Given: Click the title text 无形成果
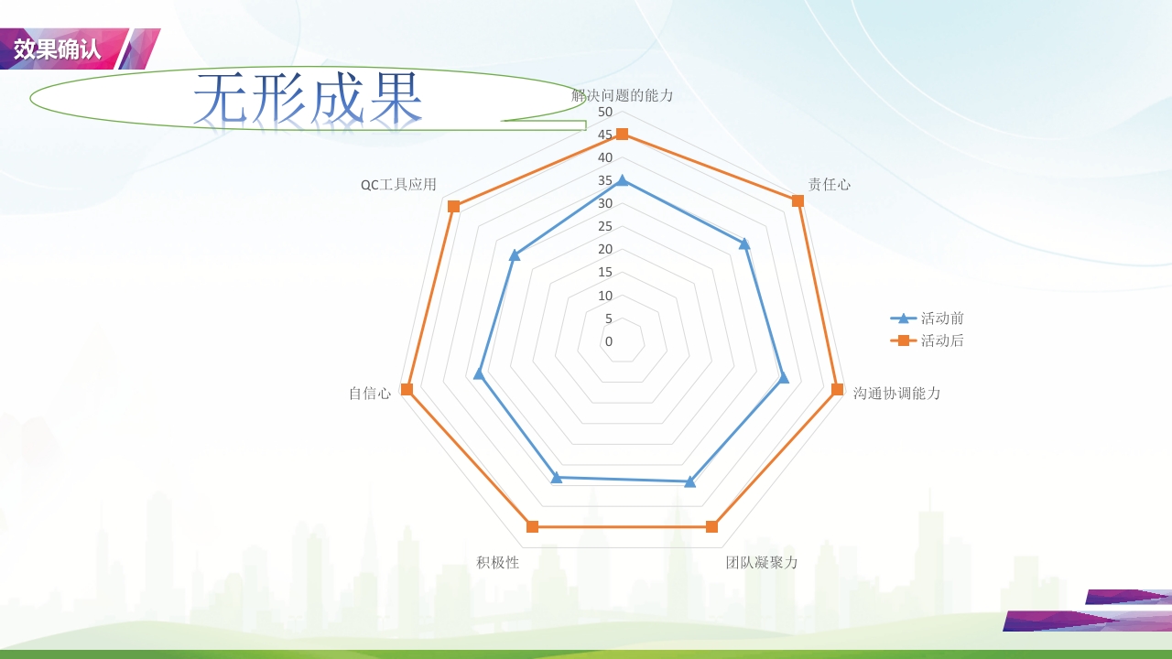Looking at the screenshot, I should pyautogui.click(x=309, y=98).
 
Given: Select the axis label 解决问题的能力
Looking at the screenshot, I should pyautogui.click(x=622, y=95).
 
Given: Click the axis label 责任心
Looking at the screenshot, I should pyautogui.click(x=829, y=184).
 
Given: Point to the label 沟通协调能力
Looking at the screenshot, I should pyautogui.click(x=896, y=393).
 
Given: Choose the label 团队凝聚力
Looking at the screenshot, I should pyautogui.click(x=762, y=562).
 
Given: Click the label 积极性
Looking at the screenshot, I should pyautogui.click(x=497, y=562).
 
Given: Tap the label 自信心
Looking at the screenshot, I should pyautogui.click(x=369, y=393).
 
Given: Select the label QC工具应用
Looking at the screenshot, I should pyautogui.click(x=398, y=184).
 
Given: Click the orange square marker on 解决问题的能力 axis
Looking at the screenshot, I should pyautogui.click(x=622, y=135).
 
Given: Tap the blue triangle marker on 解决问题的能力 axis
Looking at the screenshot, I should pyautogui.click(x=622, y=180).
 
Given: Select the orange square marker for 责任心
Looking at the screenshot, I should pyautogui.click(x=798, y=201).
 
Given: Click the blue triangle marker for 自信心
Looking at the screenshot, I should pyautogui.click(x=478, y=373).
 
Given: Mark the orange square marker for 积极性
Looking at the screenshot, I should pyautogui.click(x=533, y=526).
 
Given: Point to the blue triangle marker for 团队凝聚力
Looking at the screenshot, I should pyautogui.click(x=690, y=481).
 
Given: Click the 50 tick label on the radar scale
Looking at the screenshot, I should pyautogui.click(x=604, y=112).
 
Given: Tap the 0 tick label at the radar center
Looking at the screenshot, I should pyautogui.click(x=608, y=341).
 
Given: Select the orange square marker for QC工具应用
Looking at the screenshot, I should pyautogui.click(x=453, y=206).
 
